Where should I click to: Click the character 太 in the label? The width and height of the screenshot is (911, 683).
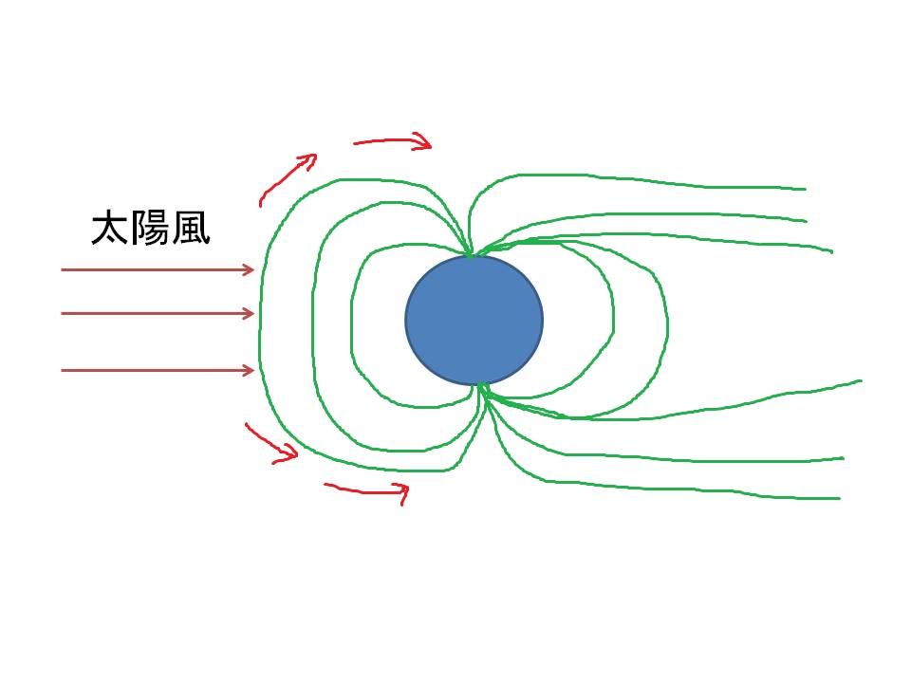coord(110,229)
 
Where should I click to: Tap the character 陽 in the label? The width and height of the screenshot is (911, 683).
coord(151,229)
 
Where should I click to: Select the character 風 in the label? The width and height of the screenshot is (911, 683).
coord(191,229)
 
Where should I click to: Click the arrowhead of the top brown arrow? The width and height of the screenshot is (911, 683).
coord(249,269)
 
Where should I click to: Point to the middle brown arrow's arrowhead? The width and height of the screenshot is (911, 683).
coord(249,314)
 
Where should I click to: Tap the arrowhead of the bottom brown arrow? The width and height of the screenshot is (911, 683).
coord(249,370)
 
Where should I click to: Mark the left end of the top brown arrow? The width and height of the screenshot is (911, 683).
coord(62,269)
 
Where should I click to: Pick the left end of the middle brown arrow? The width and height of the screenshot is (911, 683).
coord(62,314)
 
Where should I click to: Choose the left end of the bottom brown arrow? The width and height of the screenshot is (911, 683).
coord(62,370)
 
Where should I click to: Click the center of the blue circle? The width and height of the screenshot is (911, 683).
coord(474,320)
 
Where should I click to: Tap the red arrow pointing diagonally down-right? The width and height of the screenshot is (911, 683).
coord(270,444)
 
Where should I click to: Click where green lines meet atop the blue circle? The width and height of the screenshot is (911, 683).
coord(471,254)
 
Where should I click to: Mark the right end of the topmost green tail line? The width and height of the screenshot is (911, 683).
coord(806,189)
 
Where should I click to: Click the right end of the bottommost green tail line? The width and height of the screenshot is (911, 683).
coord(840,498)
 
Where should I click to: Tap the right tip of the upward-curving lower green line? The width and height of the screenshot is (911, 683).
coord(861,380)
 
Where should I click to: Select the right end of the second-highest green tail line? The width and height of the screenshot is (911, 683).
coord(807,221)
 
